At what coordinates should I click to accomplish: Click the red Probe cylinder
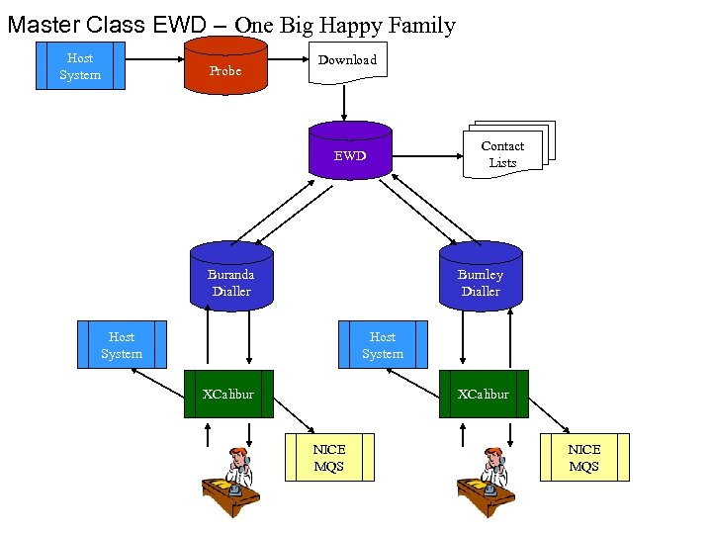[225, 69]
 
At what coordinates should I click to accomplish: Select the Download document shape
[347, 61]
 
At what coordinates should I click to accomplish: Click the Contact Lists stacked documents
[503, 154]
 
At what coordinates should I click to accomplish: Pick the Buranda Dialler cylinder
[230, 277]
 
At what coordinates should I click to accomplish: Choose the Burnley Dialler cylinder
[481, 277]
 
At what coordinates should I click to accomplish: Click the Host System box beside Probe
[80, 66]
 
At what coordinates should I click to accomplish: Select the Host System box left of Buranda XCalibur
[122, 345]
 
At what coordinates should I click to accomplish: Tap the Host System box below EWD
[383, 345]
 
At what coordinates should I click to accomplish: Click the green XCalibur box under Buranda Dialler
[228, 394]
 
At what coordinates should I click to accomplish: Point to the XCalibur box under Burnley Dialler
[484, 394]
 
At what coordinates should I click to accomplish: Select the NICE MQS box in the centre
[329, 457]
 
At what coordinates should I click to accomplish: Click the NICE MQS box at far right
[584, 457]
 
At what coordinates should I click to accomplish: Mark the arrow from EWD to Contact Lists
[425, 154]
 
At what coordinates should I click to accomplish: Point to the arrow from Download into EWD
[345, 101]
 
